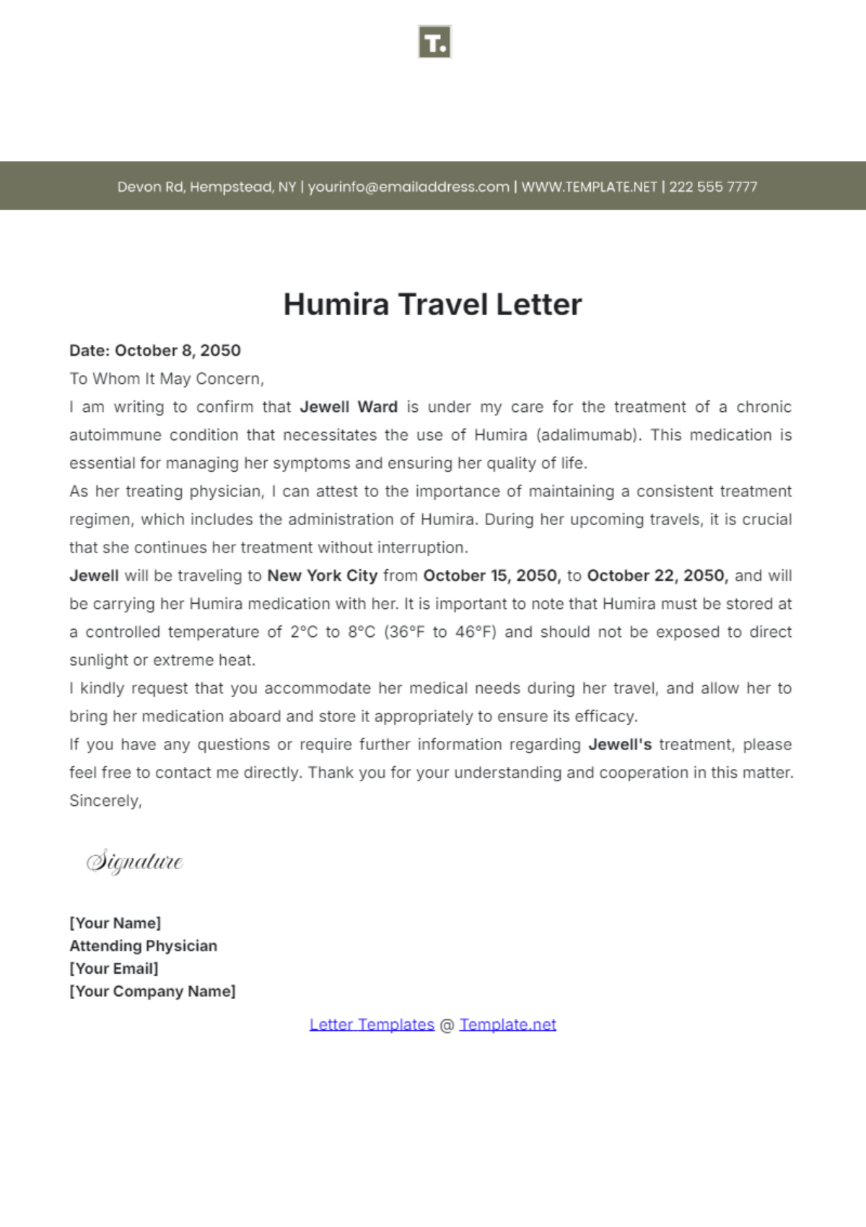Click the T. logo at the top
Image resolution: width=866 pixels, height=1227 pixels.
434,43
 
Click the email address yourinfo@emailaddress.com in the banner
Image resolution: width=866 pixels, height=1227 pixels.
408,187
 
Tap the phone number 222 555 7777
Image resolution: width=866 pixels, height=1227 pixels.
713,187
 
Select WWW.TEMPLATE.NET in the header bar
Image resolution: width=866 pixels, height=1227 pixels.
589,187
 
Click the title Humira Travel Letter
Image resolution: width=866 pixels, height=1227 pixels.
432,304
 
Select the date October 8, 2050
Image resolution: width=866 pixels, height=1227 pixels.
178,351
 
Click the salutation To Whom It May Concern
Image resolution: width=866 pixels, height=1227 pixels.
167,379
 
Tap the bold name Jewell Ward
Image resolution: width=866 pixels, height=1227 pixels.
349,407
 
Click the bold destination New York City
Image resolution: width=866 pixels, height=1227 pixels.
322,576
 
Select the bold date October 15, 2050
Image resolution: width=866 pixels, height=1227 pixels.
491,576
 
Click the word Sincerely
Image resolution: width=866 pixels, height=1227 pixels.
105,801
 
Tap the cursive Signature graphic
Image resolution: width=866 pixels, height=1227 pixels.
135,861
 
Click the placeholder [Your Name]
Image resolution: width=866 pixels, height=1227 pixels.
115,923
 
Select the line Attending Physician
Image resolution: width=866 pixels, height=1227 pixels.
143,946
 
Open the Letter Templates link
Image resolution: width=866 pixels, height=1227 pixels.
372,1024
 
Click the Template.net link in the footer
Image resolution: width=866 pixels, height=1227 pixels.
507,1024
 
